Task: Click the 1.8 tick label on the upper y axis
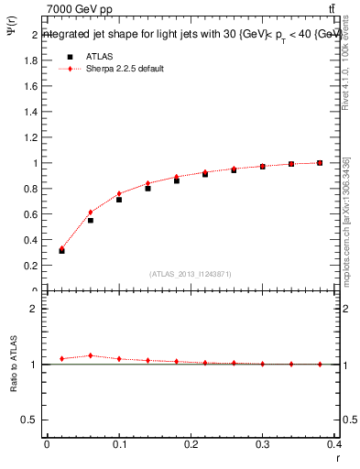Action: [30, 60]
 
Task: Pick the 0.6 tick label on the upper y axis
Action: [30, 214]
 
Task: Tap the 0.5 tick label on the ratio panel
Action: [30, 420]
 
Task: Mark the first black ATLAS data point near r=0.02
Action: [61, 250]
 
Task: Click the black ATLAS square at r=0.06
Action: [91, 220]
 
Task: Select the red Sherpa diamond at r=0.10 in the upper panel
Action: [119, 193]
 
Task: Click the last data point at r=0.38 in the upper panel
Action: [320, 163]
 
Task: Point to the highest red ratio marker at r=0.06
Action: [91, 355]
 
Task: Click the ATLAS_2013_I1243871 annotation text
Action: [191, 274]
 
